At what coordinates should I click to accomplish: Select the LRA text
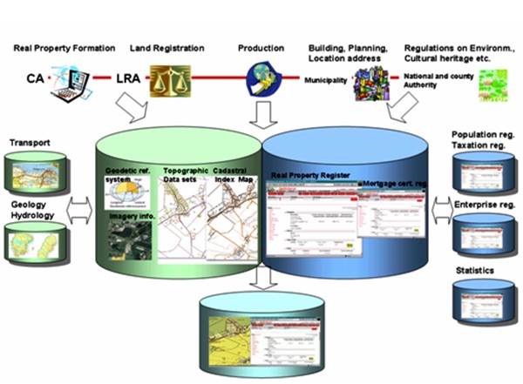[127, 80]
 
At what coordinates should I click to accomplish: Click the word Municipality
[326, 79]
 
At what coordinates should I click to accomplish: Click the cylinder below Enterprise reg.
[483, 233]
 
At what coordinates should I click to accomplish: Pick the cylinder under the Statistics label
[483, 301]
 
